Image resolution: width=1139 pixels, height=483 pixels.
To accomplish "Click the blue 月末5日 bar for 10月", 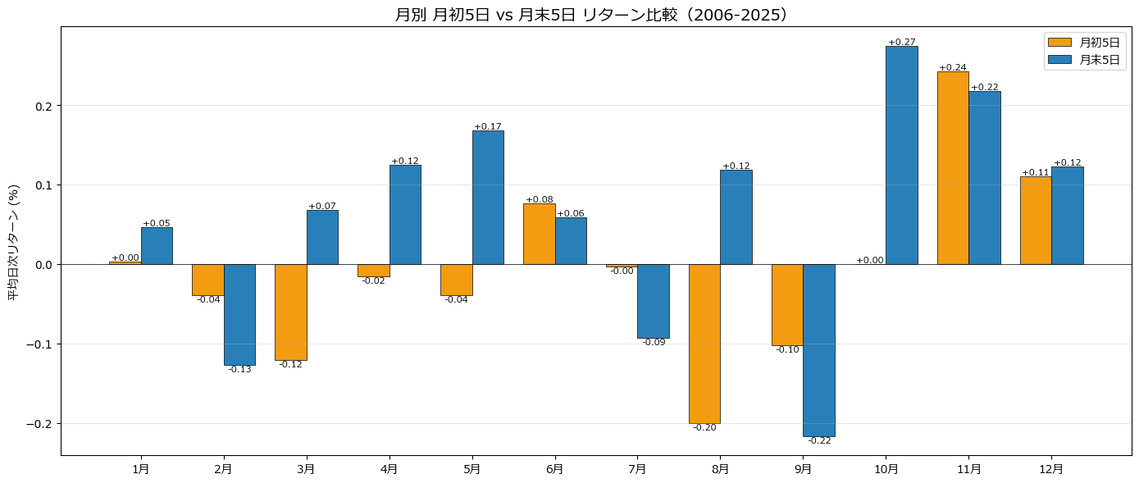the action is click(x=902, y=156).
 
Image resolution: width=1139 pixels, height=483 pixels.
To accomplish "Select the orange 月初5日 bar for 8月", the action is click(x=704, y=344).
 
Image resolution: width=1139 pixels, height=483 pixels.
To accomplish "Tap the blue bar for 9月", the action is click(x=819, y=350).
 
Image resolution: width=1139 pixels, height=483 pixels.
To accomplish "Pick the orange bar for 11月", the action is click(x=953, y=168).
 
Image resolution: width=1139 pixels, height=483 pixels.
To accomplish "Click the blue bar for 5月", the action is click(x=488, y=198).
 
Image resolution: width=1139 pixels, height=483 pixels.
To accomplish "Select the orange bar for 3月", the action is click(x=291, y=312).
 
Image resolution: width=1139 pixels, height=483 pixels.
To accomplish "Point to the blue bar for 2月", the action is click(x=239, y=315).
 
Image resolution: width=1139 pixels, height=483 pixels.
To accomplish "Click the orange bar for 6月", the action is click(x=539, y=234).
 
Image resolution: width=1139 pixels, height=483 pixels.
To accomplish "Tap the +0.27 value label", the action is click(x=901, y=42).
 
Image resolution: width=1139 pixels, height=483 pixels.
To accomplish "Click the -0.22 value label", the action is click(x=819, y=441).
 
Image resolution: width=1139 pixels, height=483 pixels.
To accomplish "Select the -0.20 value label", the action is click(x=704, y=427).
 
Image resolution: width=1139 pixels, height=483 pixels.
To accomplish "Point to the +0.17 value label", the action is click(x=488, y=126).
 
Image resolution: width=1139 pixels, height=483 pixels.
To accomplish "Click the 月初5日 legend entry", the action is click(x=1083, y=43).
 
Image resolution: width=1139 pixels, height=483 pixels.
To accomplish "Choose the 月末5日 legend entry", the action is click(x=1083, y=60).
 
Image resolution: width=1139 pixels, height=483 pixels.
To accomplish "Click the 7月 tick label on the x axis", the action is click(x=638, y=469).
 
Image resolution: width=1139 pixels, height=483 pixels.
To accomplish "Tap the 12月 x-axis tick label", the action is click(x=1051, y=469).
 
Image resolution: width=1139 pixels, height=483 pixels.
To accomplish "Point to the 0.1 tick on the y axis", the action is click(x=44, y=185).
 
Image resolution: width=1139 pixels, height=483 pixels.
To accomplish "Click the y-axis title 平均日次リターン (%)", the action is click(x=14, y=242).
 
